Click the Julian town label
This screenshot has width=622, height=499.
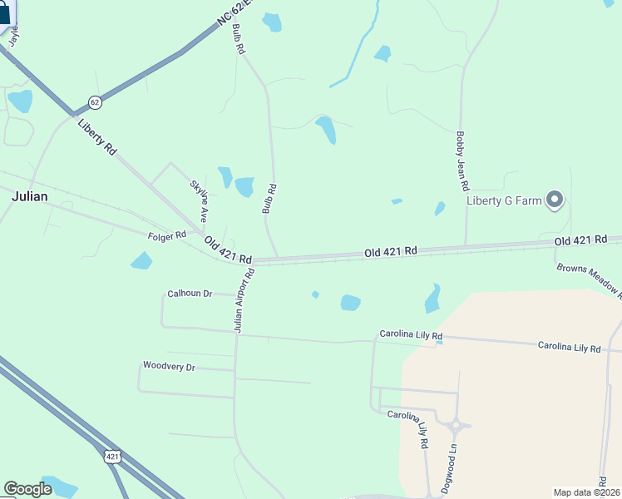pos(29,196)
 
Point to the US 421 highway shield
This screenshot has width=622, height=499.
pos(112,456)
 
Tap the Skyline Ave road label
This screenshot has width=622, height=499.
pos(198,201)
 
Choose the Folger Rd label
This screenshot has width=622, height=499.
pos(167,236)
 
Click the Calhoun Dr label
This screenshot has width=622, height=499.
pos(190,294)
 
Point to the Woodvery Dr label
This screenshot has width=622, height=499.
pos(168,366)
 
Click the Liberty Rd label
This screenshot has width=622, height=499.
pos(97,136)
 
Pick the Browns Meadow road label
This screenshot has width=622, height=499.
pos(589,281)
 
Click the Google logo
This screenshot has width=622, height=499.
pos(27,489)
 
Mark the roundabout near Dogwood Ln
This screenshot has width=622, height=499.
pos(454,426)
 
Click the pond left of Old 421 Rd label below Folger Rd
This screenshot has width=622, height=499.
pos(141,261)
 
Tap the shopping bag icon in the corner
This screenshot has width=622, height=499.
pos(5,14)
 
